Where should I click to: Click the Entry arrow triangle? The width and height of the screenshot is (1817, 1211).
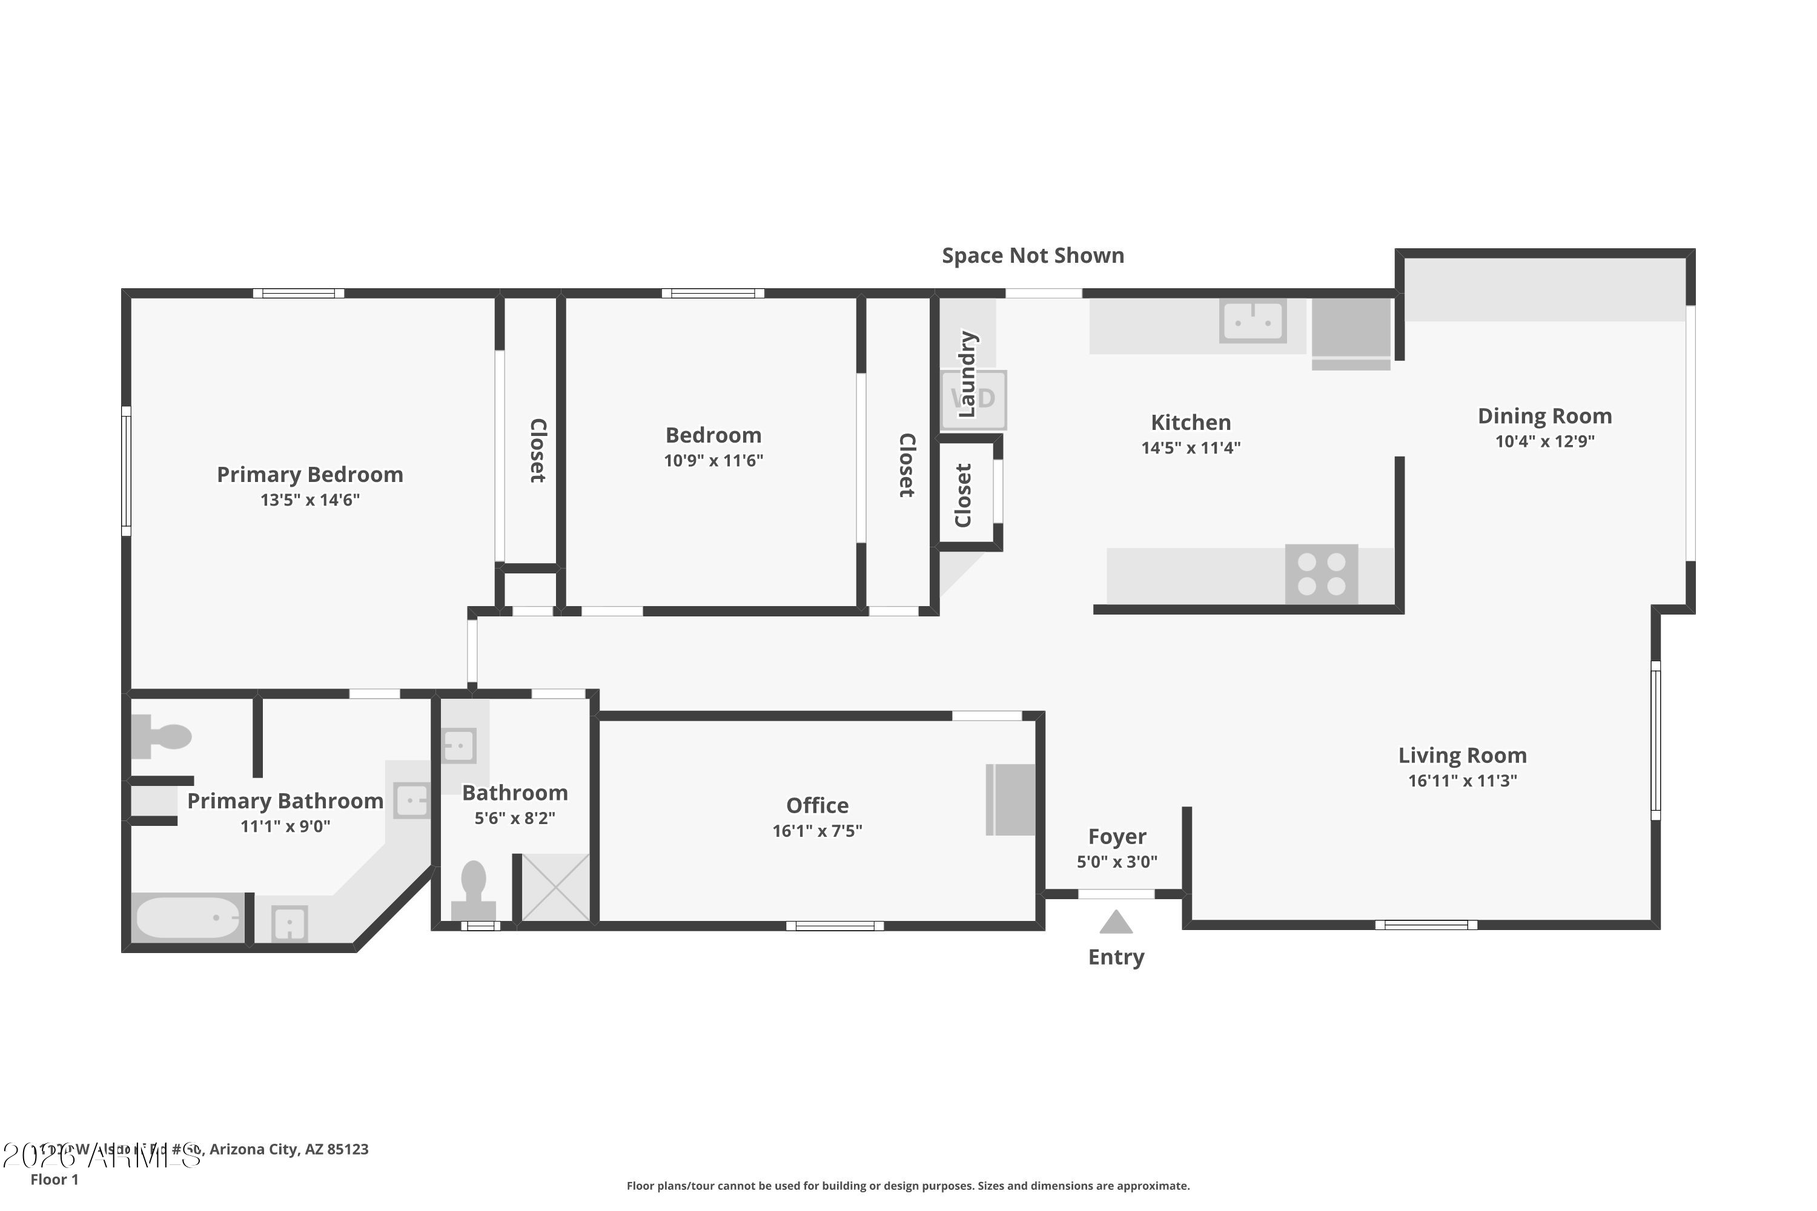[x=1116, y=922]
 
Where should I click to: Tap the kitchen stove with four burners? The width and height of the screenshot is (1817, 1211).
[x=1321, y=574]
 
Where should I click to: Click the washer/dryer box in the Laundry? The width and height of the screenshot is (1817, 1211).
[x=973, y=399]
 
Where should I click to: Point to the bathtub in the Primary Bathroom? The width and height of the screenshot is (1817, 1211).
[x=188, y=917]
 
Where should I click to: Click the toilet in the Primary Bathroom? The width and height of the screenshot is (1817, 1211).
[x=162, y=736]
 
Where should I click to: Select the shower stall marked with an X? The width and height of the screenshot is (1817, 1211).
[x=555, y=888]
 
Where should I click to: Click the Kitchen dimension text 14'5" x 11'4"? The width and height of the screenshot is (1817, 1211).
[x=1191, y=448]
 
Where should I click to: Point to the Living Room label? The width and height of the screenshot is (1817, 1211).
[x=1461, y=755]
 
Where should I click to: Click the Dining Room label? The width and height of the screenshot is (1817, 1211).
[x=1544, y=417]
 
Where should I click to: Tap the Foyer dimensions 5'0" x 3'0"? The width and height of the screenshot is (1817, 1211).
[x=1116, y=862]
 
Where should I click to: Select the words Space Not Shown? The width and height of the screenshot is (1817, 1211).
[x=1032, y=256]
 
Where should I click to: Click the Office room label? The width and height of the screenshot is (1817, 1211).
[x=817, y=805]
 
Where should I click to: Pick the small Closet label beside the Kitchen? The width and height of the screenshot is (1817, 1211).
[x=962, y=495]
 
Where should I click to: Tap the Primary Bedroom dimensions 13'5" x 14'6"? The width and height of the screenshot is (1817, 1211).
[x=309, y=500]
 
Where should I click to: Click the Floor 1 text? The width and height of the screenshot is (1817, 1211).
[x=54, y=1180]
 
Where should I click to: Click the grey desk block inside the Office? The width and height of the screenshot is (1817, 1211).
[x=1010, y=799]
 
